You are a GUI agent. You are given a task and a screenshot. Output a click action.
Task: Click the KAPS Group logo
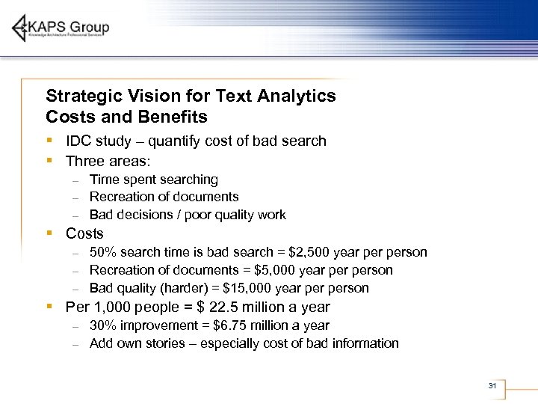(x=61, y=28)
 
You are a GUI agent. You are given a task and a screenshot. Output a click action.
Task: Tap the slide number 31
(x=492, y=385)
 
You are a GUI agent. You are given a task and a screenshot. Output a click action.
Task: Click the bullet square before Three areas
(x=49, y=160)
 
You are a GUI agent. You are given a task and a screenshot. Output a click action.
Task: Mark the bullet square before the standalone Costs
(x=49, y=233)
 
